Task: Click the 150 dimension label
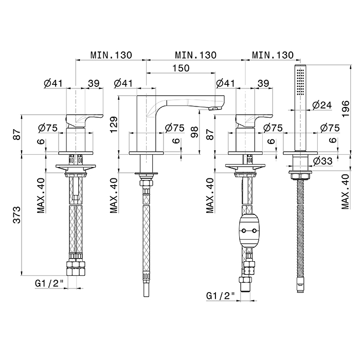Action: click(x=182, y=68)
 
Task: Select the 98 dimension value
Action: click(x=194, y=132)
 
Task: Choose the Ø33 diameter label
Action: click(x=321, y=160)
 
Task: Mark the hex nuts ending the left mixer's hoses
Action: click(x=76, y=267)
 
